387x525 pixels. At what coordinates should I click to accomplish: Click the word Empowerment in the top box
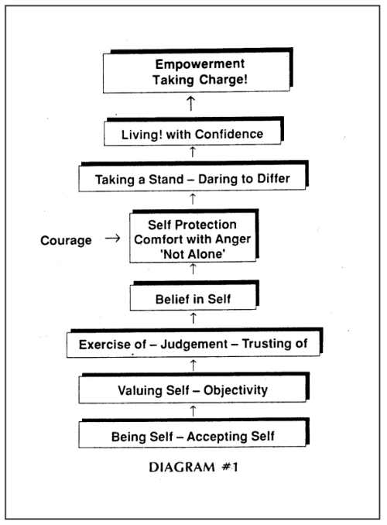pos(200,64)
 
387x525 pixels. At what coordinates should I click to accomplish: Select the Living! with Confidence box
pos(193,132)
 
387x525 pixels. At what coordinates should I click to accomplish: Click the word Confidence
pos(229,134)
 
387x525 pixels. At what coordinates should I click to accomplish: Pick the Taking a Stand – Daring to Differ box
pos(193,176)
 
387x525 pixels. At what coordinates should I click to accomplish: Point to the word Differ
pos(273,178)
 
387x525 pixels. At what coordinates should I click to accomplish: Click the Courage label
pos(66,240)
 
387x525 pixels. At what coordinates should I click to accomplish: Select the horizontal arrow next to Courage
pos(112,238)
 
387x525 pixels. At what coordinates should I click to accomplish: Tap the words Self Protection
pos(192,225)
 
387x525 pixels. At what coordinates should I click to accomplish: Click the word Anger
pos(233,239)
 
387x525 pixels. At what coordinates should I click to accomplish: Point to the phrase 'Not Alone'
pos(193,254)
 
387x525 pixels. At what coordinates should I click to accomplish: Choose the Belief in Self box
pos(194,296)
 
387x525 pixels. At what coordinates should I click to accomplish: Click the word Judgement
pos(194,345)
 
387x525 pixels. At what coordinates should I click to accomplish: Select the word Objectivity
pos(235,390)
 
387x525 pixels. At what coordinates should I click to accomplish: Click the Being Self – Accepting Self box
pos(193,433)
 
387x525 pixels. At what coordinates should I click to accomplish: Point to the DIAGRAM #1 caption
pos(193,467)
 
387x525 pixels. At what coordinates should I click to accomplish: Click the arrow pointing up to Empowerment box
pos(191,104)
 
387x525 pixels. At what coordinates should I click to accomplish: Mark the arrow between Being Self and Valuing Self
pos(193,411)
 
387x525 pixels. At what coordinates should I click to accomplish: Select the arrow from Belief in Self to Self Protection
pos(193,269)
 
